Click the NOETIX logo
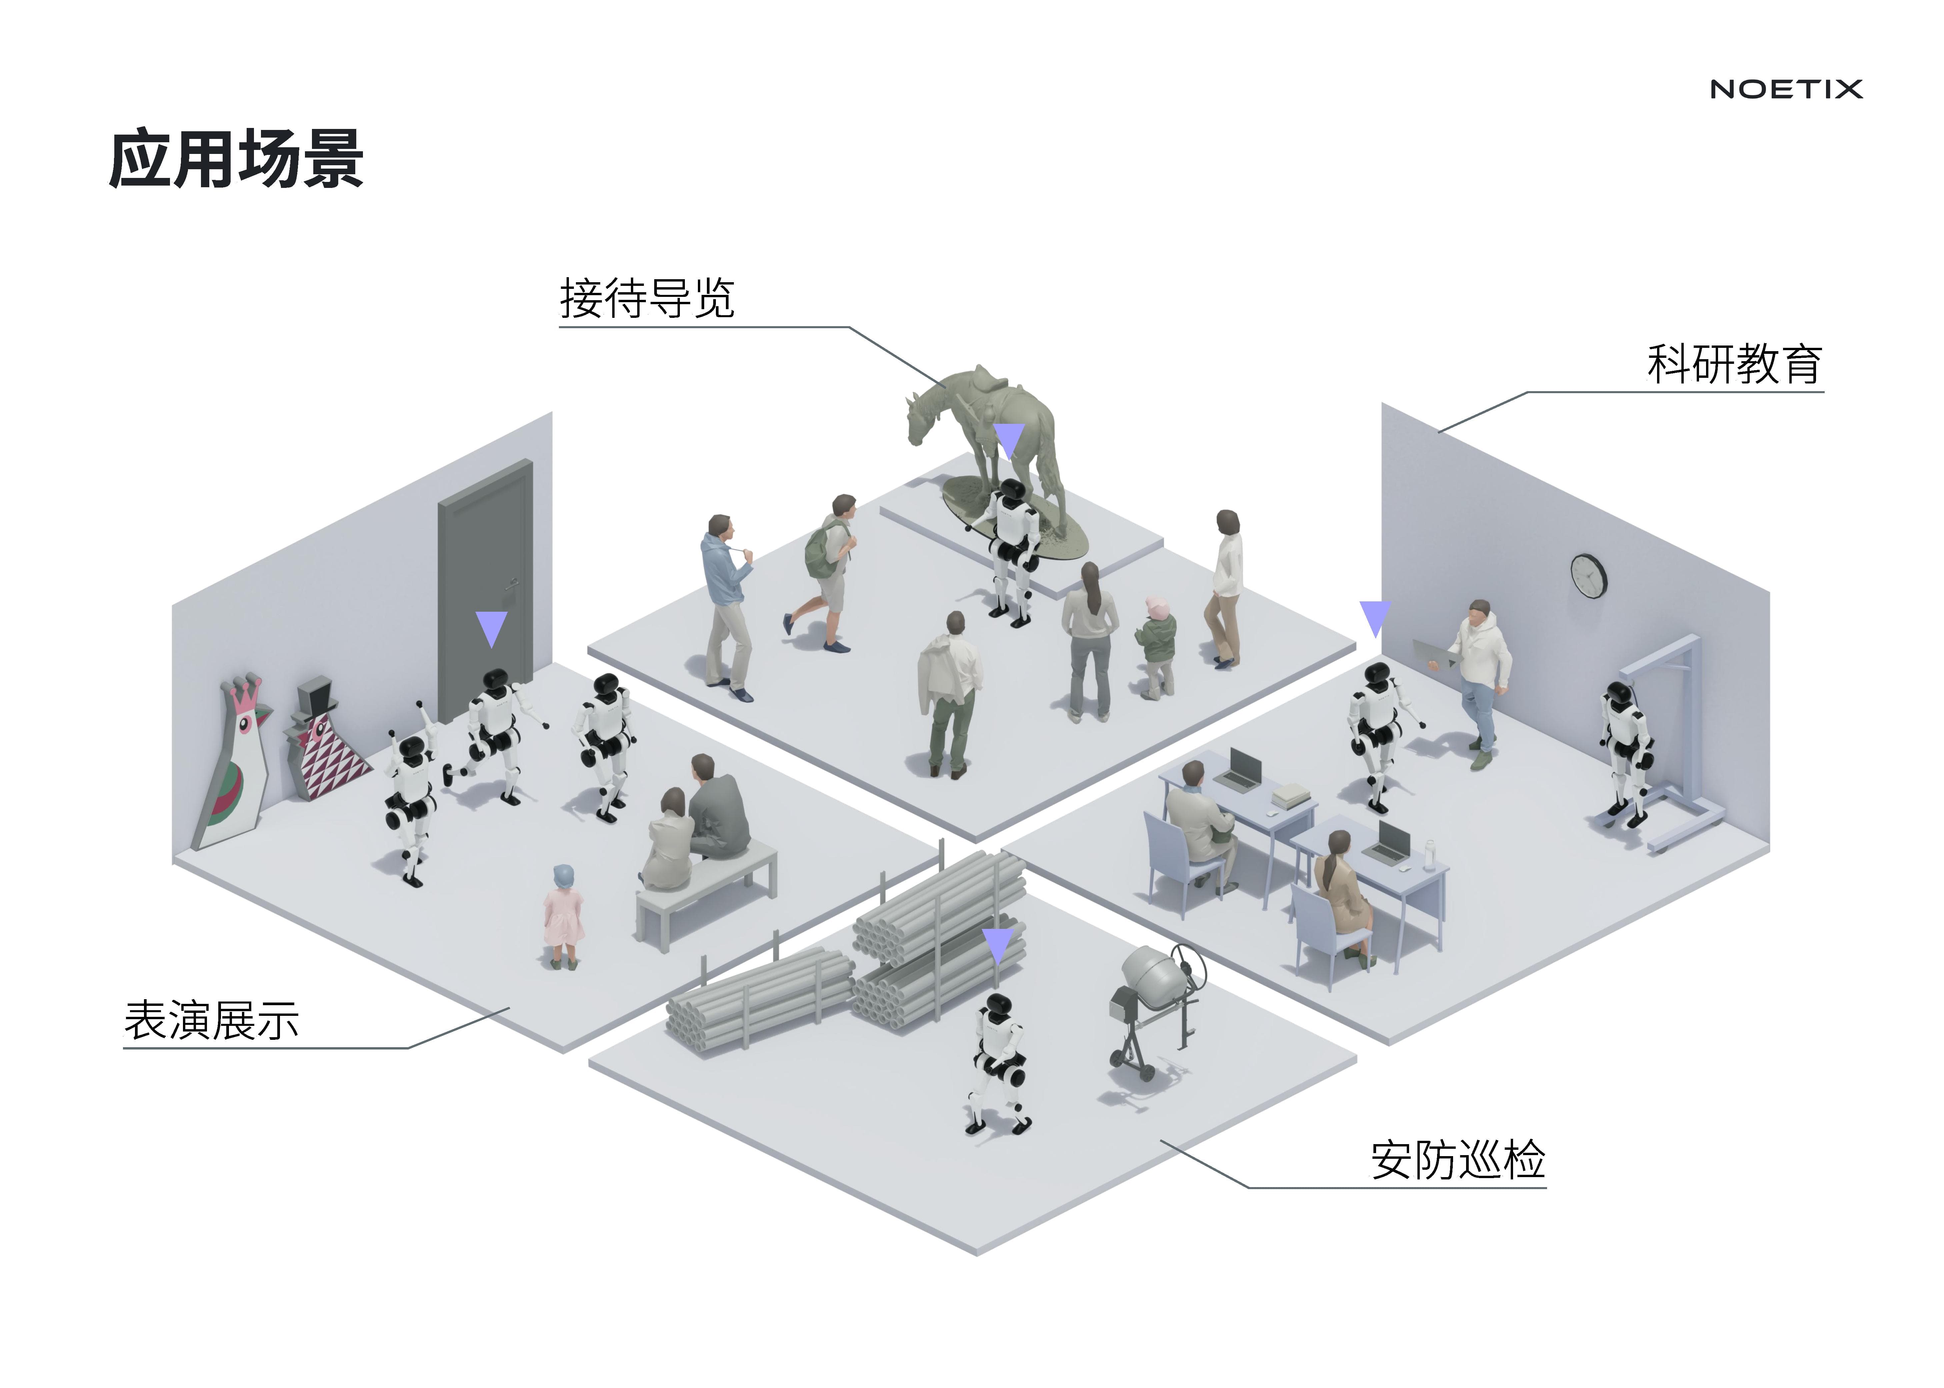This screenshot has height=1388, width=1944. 1786,89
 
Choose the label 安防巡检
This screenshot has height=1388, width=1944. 1457,1160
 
